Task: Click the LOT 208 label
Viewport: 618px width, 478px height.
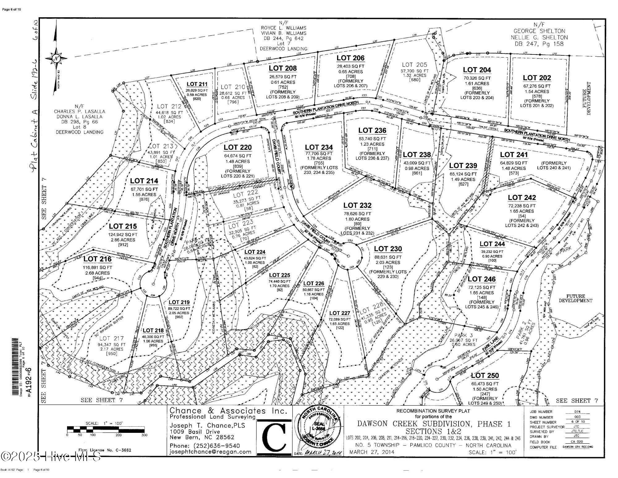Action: [282, 68]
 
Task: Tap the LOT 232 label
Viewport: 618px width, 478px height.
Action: [357, 205]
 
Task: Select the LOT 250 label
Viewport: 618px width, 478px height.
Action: [485, 375]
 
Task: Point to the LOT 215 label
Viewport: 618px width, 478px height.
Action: [123, 226]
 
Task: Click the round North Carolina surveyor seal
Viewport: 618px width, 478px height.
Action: [318, 430]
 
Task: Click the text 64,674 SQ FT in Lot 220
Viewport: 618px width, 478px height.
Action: [238, 156]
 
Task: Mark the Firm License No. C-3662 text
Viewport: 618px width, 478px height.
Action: [104, 450]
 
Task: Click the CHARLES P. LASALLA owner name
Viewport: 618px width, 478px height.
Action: [79, 111]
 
